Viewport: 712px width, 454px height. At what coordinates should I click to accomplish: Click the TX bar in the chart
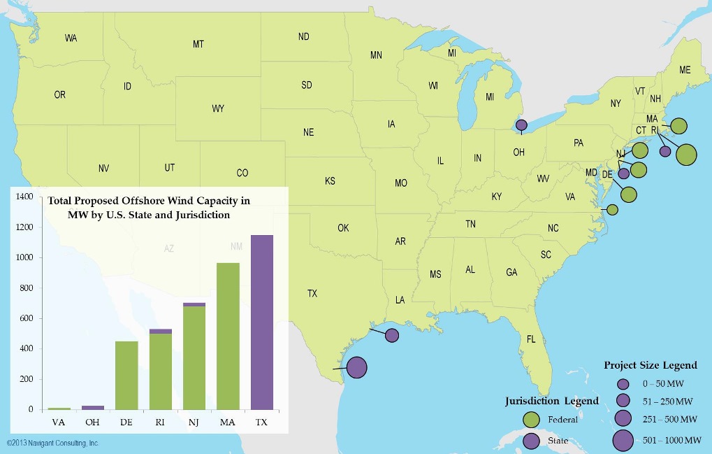click(x=261, y=322)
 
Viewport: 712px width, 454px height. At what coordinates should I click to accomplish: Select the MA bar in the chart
click(x=228, y=336)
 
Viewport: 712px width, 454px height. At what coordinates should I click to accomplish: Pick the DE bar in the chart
click(x=126, y=375)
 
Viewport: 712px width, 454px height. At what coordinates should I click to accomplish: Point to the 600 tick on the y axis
click(x=26, y=319)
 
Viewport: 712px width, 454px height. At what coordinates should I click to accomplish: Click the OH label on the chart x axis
click(x=92, y=422)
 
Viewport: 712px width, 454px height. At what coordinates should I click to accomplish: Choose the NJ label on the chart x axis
click(x=194, y=422)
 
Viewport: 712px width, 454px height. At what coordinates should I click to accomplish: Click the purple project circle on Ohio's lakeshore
click(x=521, y=126)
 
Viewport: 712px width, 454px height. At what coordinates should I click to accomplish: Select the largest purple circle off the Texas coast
click(x=356, y=367)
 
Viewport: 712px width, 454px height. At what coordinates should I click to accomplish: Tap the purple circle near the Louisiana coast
click(x=392, y=335)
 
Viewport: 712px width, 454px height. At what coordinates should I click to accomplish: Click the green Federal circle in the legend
click(x=532, y=419)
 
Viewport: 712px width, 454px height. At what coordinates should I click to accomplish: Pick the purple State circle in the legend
click(x=532, y=441)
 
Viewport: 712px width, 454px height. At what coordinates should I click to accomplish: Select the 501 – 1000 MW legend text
click(x=671, y=440)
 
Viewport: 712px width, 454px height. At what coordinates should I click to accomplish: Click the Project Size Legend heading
click(x=650, y=365)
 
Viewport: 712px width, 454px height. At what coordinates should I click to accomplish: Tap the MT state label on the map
click(x=198, y=44)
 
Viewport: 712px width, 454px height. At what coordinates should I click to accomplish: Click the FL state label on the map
click(x=530, y=339)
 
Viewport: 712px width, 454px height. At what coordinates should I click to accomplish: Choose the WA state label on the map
click(x=71, y=38)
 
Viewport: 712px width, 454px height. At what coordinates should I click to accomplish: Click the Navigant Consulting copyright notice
click(x=52, y=444)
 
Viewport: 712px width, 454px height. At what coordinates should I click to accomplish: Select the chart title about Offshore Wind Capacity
click(x=148, y=208)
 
